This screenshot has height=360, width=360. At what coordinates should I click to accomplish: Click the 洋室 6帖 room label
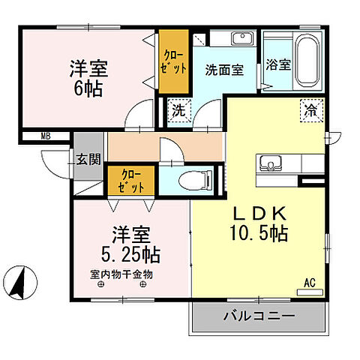[x=88, y=78]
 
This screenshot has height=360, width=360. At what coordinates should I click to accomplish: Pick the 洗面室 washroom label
[x=224, y=70]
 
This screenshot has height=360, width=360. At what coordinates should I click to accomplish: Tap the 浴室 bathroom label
[x=278, y=64]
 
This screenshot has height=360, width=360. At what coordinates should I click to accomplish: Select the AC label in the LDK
[x=309, y=283]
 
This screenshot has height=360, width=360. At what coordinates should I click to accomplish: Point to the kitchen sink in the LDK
[x=271, y=163]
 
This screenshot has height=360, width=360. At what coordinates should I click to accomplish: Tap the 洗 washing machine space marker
[x=179, y=109]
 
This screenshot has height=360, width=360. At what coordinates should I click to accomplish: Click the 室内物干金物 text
[x=121, y=274]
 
